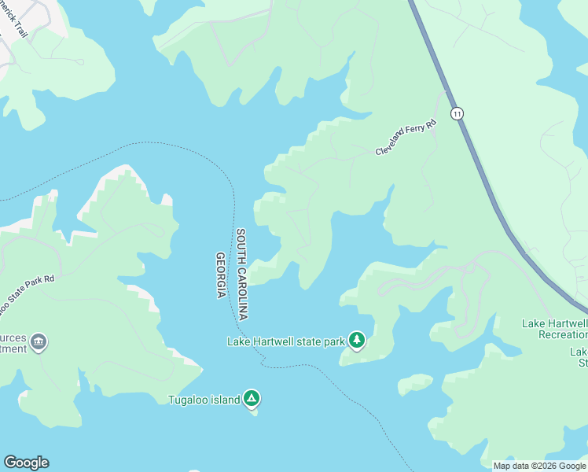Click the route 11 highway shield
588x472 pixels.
pyautogui.click(x=458, y=114)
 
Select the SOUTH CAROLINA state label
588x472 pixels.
pyautogui.click(x=242, y=274)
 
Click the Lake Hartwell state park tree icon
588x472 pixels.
pyautogui.click(x=357, y=341)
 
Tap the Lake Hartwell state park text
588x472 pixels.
pyautogui.click(x=286, y=341)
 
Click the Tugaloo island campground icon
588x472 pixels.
pyautogui.click(x=252, y=399)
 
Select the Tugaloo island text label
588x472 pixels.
pyautogui.click(x=204, y=400)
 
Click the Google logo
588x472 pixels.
pyautogui.click(x=26, y=463)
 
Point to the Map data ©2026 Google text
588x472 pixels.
pyautogui.click(x=539, y=466)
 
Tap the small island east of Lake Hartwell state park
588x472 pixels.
pyautogui.click(x=415, y=384)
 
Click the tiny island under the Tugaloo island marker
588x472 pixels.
pyautogui.click(x=254, y=411)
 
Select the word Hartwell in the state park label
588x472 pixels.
pyautogui.click(x=280, y=341)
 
